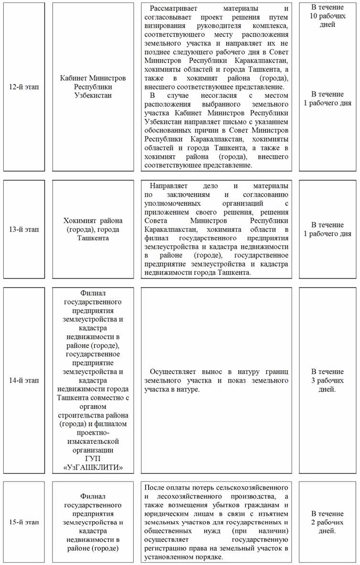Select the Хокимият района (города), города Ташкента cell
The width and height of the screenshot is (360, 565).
coord(93,229)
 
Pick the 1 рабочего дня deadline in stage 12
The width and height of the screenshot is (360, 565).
coord(327,98)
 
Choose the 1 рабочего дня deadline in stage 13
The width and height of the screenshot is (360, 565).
coord(327,229)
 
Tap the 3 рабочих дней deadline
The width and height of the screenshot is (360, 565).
coord(327,380)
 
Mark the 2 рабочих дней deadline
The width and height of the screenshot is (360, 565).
coord(327,522)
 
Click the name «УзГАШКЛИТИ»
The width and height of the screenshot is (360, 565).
coord(93,467)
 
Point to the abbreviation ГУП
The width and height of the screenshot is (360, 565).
coord(93,458)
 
